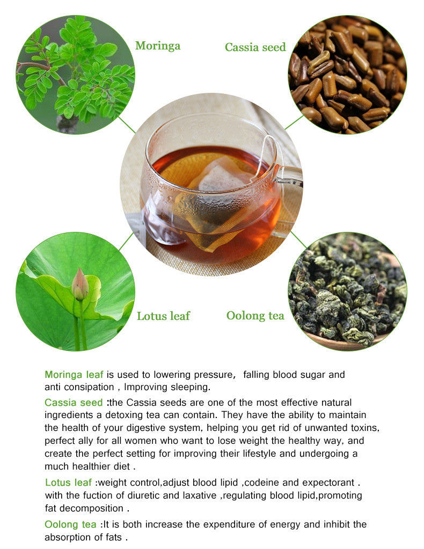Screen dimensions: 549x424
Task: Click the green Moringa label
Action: point(157,46)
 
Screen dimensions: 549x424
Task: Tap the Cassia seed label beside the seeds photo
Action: point(255,47)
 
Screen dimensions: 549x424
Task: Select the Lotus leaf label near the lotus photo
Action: point(163,316)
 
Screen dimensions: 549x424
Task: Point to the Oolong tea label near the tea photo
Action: point(255,316)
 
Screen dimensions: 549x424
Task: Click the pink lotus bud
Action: point(79,284)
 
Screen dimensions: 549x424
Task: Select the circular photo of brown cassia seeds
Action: point(347,75)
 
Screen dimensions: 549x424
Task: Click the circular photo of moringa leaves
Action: point(75,75)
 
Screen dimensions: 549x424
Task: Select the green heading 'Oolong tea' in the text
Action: point(70,524)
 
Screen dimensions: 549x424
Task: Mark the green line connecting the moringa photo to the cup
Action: point(127,125)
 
